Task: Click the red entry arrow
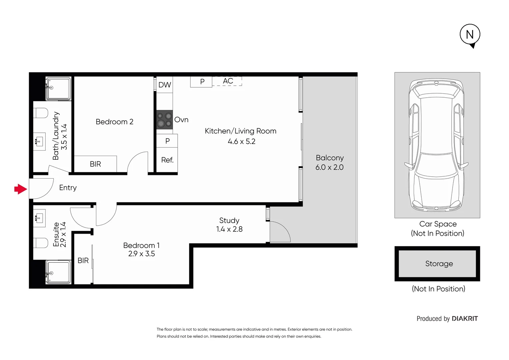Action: coord(21,189)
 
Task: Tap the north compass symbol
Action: coord(470,35)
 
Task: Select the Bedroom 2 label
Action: coord(114,122)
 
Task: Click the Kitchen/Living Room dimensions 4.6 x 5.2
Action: coord(241,142)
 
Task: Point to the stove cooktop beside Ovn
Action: coord(164,120)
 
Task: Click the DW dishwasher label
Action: coord(165,85)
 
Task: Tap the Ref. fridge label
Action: coord(167,160)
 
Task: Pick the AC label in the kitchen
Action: coord(228,81)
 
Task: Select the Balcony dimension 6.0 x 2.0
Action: coord(329,167)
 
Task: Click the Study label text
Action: coord(229,221)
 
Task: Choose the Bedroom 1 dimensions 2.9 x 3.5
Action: coord(142,254)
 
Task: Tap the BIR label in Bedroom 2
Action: coord(95,164)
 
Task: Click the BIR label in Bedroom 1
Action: coord(83,261)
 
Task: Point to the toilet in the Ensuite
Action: coord(41,243)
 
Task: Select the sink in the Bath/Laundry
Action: coord(39,142)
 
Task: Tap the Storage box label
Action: coord(439,264)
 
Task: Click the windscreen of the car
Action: coord(437,165)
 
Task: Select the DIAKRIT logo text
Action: coord(465,319)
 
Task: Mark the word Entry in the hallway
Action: coord(68,188)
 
